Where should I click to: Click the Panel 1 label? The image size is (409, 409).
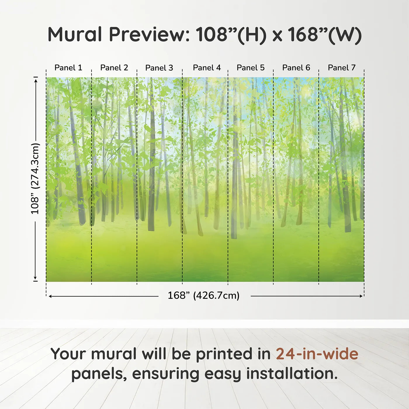pos(68,68)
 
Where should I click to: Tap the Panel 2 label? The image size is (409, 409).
pos(114,68)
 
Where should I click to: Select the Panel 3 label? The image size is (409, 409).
pos(159,68)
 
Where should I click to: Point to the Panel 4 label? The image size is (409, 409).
pos(207,68)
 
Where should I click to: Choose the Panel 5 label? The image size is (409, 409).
pos(251,68)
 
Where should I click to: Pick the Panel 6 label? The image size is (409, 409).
pos(296,68)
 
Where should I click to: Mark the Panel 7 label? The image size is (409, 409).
pos(342,68)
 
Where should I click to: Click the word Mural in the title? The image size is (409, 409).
pos(75,34)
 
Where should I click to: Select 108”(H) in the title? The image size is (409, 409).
pos(231,35)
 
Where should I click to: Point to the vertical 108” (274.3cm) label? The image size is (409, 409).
pos(35,179)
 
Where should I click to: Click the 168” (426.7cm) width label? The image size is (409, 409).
pos(204,295)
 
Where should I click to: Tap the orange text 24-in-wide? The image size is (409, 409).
pos(317,354)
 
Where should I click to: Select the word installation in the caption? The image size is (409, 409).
pos(292,374)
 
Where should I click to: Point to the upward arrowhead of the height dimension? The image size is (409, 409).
pos(36,81)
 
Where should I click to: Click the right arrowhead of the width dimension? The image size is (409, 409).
pos(361,296)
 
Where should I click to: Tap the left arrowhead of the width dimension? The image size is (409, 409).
pos(51,296)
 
